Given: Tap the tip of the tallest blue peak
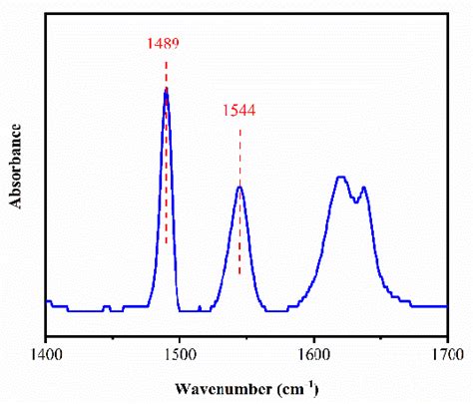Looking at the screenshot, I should [166, 90].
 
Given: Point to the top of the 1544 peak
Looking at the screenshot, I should [239, 187].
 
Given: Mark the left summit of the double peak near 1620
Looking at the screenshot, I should [341, 178].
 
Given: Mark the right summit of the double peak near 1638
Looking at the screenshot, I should [363, 188].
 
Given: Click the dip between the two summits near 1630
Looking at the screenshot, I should [354, 200].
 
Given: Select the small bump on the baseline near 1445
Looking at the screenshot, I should [106, 306].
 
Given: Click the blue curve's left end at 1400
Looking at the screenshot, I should [47, 300].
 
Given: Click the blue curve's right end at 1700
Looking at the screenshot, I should [445, 305].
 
